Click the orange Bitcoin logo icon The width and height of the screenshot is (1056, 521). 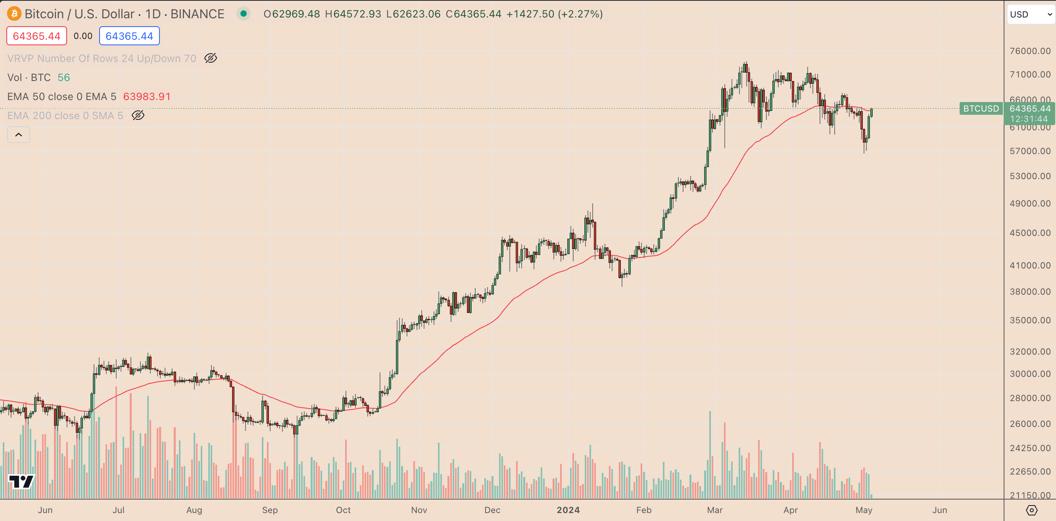[x=14, y=14]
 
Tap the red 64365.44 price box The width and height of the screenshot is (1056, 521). [x=36, y=36]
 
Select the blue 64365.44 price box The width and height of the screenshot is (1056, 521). [x=129, y=36]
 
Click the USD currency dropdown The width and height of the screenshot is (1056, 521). [x=1030, y=14]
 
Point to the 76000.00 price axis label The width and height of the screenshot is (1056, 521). [x=1030, y=51]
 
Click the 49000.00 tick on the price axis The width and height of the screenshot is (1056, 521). [x=1030, y=203]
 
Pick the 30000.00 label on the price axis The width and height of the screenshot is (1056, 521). [x=1030, y=374]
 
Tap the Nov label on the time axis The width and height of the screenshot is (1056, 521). [x=419, y=510]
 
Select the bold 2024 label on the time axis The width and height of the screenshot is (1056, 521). [x=568, y=510]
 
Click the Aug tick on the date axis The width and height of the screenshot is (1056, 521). [x=194, y=510]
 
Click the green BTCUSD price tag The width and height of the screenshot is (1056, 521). [x=981, y=109]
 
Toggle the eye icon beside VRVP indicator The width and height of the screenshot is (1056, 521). [x=211, y=58]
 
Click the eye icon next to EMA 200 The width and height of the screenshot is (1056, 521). [x=138, y=116]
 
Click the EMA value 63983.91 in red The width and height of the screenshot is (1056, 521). [x=147, y=96]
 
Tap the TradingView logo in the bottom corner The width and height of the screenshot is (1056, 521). [x=21, y=481]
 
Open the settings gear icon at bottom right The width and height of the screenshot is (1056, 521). [x=1031, y=510]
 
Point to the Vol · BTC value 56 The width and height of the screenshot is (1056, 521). [x=63, y=77]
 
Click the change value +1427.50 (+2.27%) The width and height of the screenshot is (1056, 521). [x=554, y=14]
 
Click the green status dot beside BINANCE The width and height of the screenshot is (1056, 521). [x=244, y=14]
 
